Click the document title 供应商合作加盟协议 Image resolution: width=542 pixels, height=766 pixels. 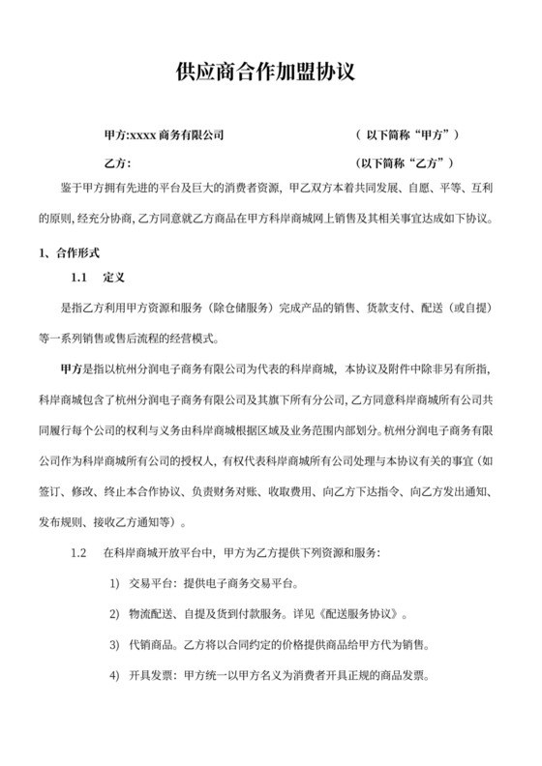(270, 74)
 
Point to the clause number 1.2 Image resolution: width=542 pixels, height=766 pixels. (79, 554)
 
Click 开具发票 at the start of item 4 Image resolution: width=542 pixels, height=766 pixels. (148, 675)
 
